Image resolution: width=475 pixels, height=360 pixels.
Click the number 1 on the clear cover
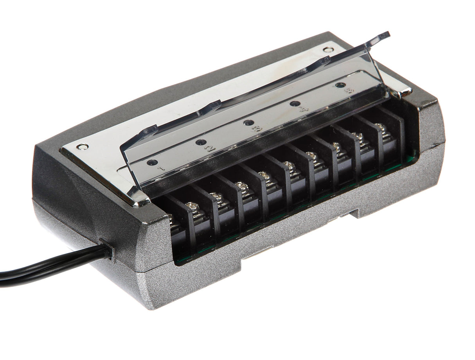[160, 168]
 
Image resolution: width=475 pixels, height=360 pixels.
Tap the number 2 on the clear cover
[211, 148]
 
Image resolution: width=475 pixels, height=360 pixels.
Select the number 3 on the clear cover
[257, 128]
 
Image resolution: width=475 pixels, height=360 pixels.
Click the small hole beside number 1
[152, 162]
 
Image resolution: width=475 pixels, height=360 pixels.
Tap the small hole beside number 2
[201, 142]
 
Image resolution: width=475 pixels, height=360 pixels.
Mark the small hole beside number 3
[248, 122]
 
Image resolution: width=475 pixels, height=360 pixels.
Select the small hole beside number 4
[295, 104]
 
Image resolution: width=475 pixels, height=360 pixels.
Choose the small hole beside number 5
[341, 85]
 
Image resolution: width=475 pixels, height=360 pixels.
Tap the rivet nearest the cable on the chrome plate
[82, 147]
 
